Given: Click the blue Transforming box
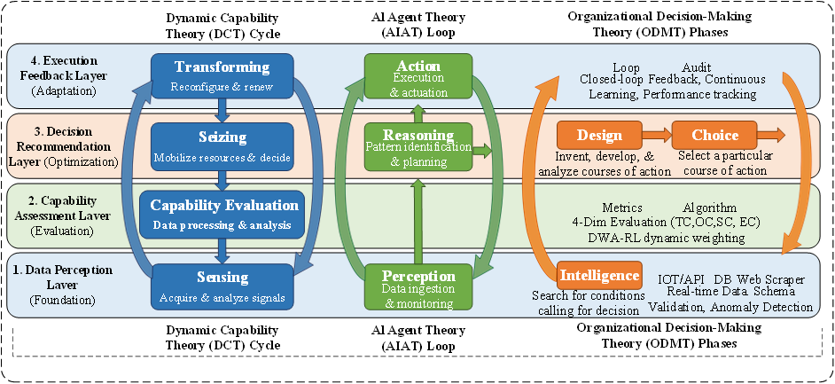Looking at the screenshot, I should pyautogui.click(x=222, y=76).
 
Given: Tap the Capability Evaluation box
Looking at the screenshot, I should pyautogui.click(x=222, y=215).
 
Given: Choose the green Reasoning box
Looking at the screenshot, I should pyautogui.click(x=418, y=146).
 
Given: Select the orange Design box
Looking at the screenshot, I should pyautogui.click(x=599, y=136).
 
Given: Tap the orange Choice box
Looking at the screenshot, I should pyautogui.click(x=715, y=136).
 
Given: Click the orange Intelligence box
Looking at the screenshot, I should pyautogui.click(x=599, y=275).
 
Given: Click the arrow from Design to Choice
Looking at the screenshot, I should pyautogui.click(x=656, y=136).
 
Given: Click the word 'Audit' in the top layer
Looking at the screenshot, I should pyautogui.click(x=697, y=68).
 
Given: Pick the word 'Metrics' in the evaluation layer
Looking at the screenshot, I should pyautogui.click(x=622, y=208).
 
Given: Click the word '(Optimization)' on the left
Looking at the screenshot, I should pyautogui.click(x=74, y=161).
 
